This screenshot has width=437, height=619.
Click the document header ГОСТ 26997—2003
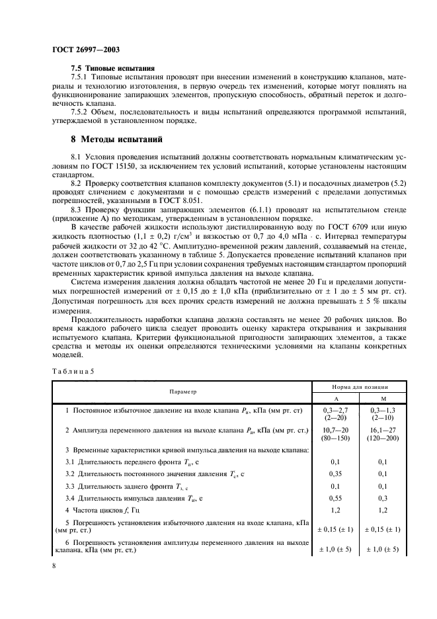point(82,50)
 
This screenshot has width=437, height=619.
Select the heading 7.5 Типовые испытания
point(112,68)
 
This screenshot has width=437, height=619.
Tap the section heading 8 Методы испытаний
point(114,139)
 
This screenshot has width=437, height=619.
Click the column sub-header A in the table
point(335,398)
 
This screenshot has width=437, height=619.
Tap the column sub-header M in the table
point(383,398)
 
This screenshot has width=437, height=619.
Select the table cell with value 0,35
point(335,474)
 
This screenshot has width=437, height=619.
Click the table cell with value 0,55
point(335,498)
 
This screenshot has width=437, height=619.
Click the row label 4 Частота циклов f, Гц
point(102,510)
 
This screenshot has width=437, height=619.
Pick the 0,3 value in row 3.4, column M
point(383,498)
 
